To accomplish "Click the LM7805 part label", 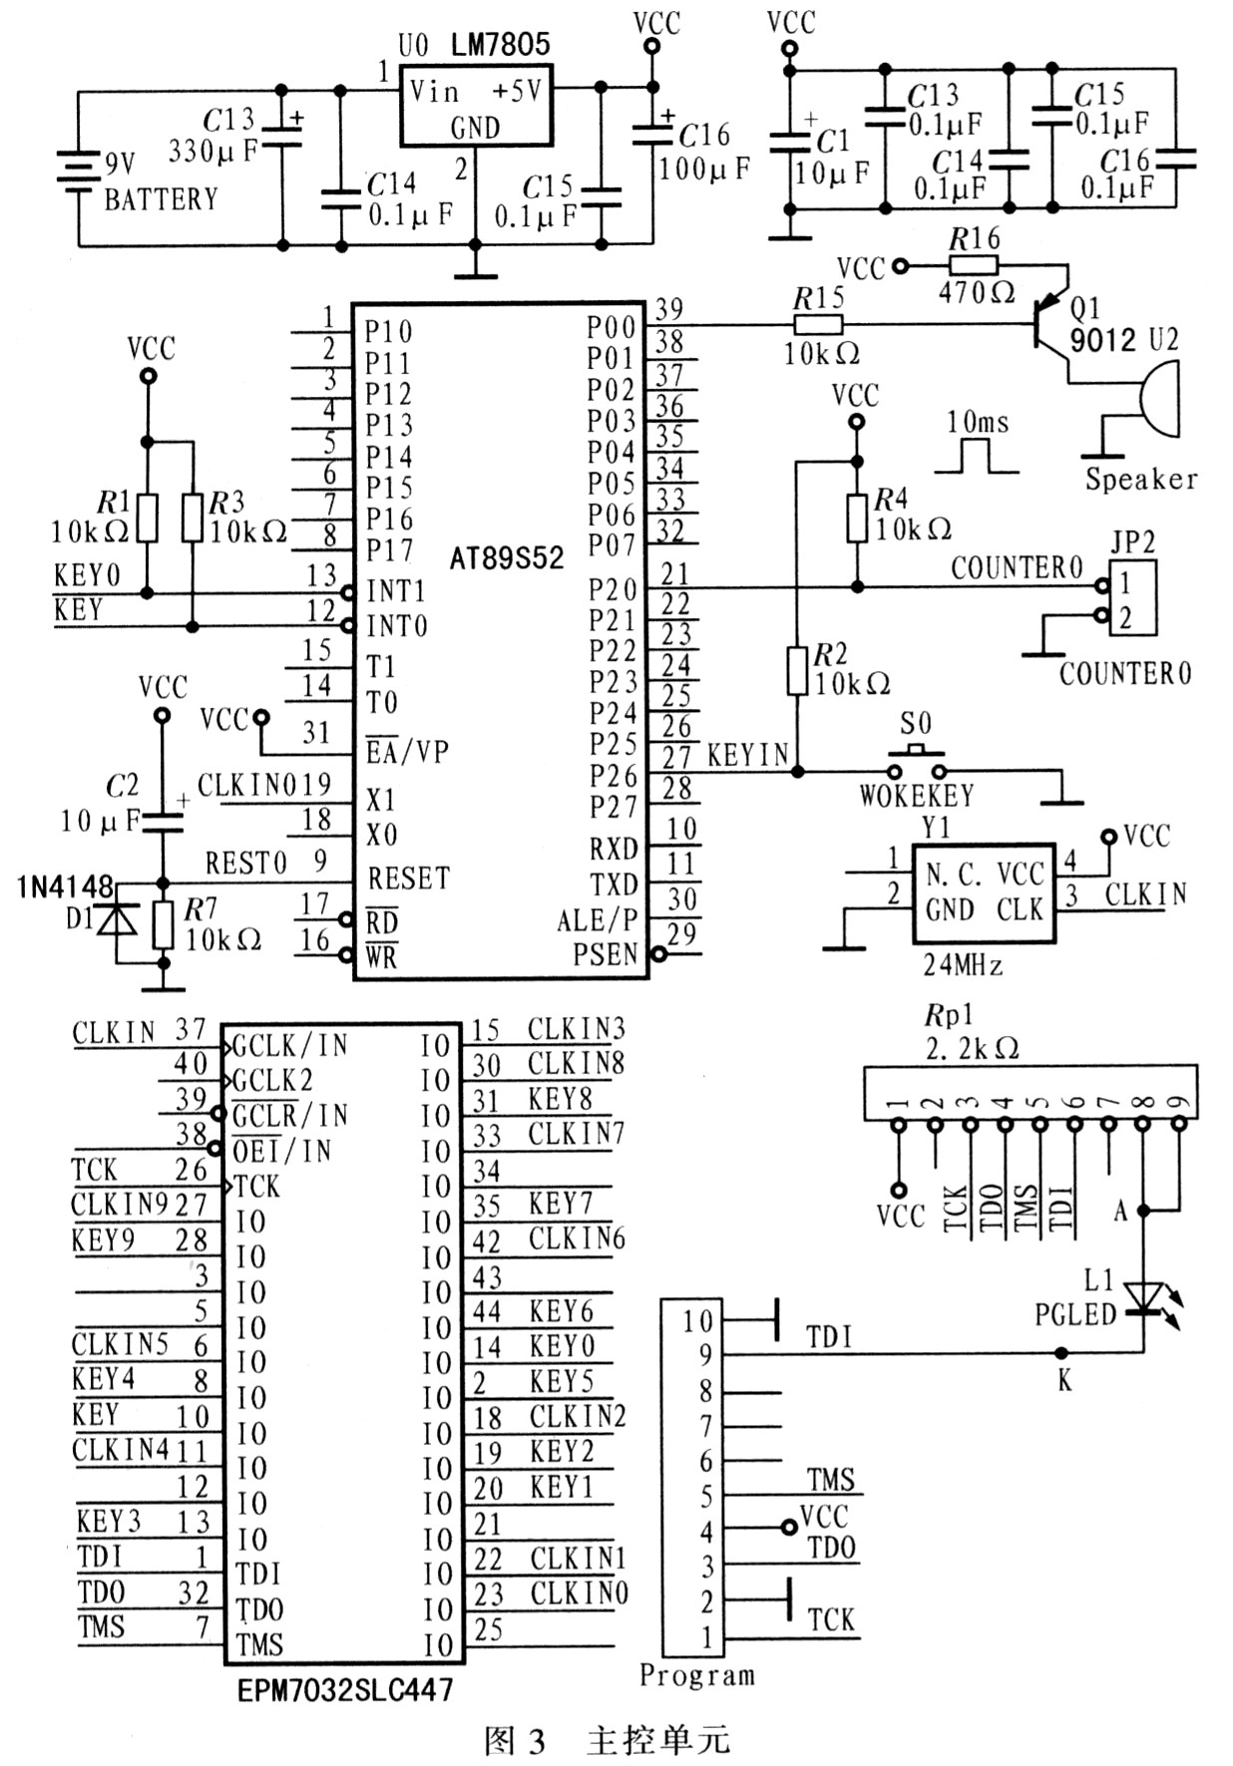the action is [500, 44].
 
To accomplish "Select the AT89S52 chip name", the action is [506, 557].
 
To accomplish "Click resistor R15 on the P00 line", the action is [818, 324].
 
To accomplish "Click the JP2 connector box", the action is [1132, 598].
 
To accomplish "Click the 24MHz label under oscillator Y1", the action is [962, 964].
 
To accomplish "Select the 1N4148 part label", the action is [65, 886].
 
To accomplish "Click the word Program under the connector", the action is [696, 1675].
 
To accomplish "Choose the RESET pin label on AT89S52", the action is [408, 879].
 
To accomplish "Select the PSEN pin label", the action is [605, 954].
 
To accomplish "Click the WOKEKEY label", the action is [917, 796].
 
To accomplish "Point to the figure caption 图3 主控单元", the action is [607, 1740].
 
